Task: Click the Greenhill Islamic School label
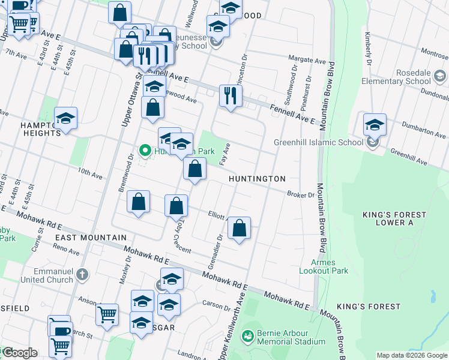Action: tap(318, 142)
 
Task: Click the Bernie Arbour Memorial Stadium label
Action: tap(291, 337)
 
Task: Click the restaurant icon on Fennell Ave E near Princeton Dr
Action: tap(231, 95)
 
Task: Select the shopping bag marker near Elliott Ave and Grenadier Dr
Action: tap(239, 228)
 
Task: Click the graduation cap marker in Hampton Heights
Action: tap(66, 118)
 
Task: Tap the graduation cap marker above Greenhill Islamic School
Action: tap(375, 125)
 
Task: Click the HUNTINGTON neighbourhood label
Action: tap(257, 179)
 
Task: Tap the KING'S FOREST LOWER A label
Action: tap(393, 218)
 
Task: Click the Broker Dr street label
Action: tap(301, 194)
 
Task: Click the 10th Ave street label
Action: tap(89, 173)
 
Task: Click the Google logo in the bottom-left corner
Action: tap(19, 353)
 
